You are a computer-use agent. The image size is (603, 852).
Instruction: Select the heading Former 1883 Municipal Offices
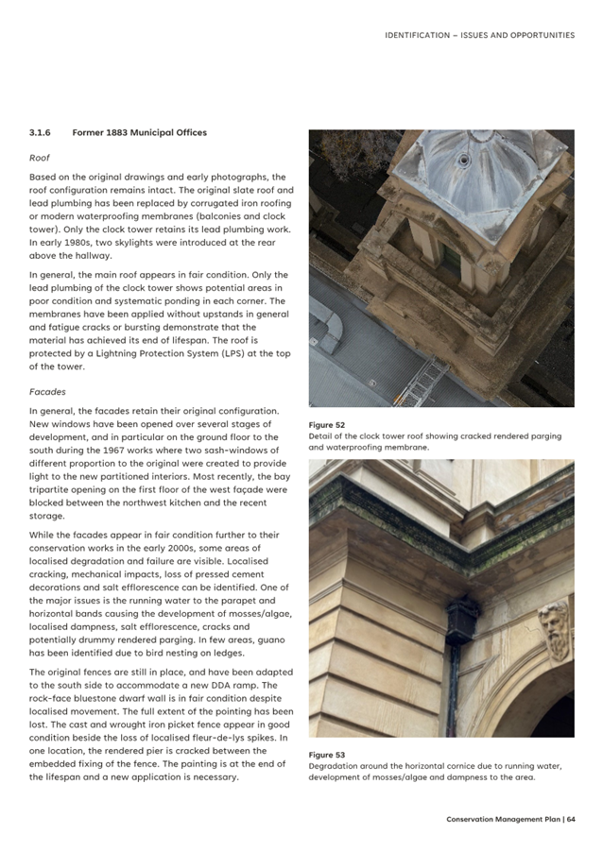139,132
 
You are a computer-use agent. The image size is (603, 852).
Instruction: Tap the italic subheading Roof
39,158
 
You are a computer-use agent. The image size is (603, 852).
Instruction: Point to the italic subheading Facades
46,390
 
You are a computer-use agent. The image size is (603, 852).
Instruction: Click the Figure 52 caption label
326,425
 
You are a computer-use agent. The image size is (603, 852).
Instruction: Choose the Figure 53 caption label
326,755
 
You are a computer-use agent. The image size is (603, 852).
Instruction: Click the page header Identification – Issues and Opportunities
479,35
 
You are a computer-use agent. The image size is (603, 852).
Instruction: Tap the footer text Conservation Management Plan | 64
510,819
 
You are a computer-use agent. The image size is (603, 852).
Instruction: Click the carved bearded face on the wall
554,631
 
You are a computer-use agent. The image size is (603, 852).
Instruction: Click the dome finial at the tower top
463,160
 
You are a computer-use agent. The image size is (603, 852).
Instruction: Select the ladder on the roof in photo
425,383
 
